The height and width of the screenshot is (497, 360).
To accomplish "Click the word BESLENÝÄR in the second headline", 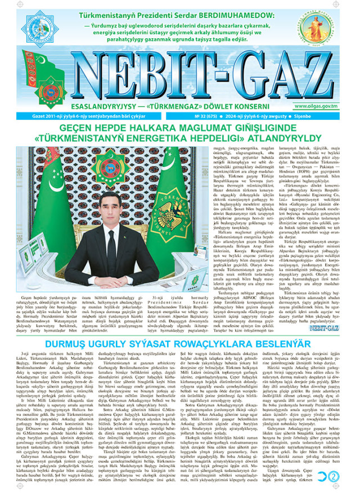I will click(x=265, y=326).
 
